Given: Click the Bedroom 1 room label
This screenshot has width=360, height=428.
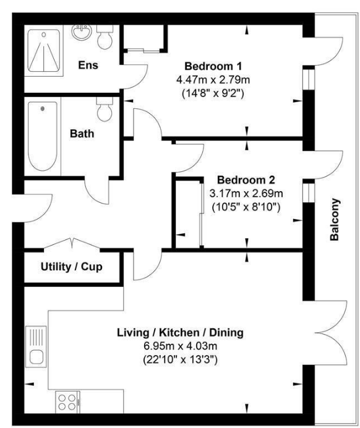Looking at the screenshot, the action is [x=213, y=66].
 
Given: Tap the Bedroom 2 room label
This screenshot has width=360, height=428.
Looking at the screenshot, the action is [x=246, y=180].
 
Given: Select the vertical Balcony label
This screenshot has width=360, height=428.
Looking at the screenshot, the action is [x=335, y=220].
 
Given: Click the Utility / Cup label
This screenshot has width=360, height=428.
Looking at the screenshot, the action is [x=72, y=267].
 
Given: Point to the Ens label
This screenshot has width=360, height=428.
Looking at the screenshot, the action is [x=88, y=65].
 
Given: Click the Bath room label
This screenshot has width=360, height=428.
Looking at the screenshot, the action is [x=82, y=134].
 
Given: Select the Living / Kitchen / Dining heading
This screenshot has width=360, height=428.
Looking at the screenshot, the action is [x=180, y=333].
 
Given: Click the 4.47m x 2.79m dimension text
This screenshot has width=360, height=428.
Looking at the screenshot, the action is [x=213, y=80].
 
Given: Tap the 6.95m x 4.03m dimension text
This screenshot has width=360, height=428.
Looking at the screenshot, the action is [x=181, y=346].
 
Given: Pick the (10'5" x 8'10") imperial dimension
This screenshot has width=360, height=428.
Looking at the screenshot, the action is [x=246, y=207].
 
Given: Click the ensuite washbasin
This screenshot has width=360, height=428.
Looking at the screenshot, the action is [x=82, y=33].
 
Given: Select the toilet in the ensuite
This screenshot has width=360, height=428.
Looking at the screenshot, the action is [x=105, y=37].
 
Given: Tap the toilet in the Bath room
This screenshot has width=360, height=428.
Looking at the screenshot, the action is [x=105, y=109].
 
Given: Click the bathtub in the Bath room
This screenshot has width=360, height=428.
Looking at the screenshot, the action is [x=43, y=136].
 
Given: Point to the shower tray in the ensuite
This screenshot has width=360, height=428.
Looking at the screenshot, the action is [x=44, y=51].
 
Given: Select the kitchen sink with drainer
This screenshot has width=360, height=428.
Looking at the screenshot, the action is [x=36, y=346].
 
